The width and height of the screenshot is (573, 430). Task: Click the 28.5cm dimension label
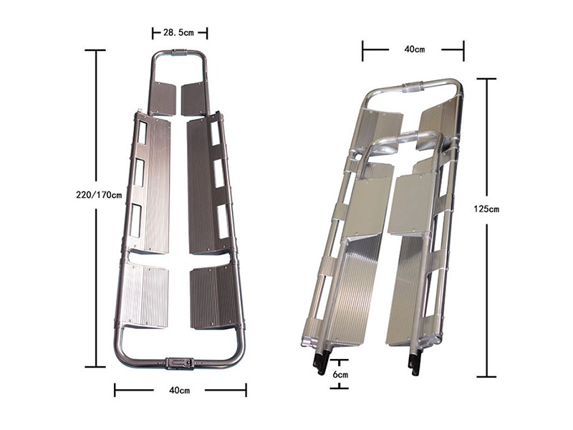178,33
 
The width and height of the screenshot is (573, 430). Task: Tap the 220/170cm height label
99,195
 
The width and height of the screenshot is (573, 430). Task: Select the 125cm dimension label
486,209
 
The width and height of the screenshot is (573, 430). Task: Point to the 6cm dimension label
340,375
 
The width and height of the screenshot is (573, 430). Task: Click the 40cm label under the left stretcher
180,390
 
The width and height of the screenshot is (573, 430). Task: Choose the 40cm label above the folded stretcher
415,49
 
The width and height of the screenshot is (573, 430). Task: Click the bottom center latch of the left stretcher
180,363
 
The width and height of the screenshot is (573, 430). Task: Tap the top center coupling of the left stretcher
178,52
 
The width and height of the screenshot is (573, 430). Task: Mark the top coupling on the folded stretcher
413,87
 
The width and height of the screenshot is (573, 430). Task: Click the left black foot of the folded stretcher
320,362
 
